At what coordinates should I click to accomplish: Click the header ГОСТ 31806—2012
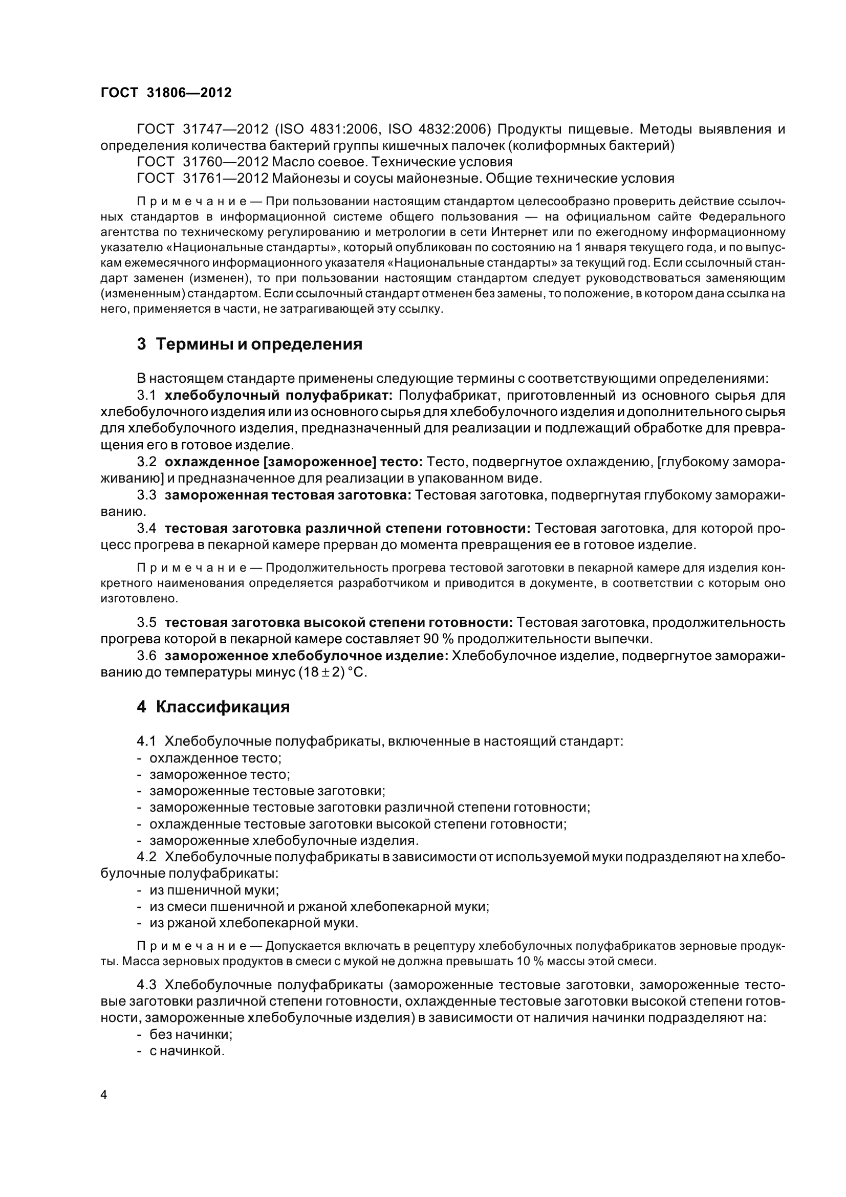165,93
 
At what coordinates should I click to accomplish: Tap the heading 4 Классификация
213,707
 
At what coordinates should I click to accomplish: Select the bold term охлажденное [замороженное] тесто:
293,462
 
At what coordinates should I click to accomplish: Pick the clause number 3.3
146,495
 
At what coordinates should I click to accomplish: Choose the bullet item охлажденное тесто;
215,757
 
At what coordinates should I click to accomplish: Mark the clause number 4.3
146,985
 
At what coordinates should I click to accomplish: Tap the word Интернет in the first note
518,232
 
